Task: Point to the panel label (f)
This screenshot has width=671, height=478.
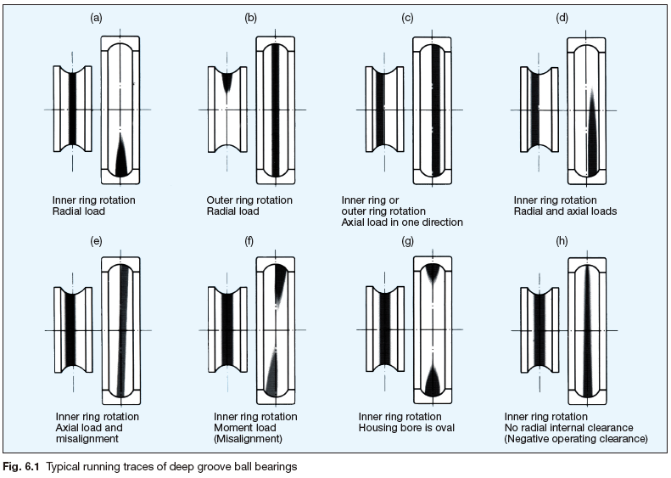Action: (249, 242)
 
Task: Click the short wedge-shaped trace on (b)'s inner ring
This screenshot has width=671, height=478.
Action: (227, 82)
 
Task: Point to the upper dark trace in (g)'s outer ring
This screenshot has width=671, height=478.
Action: (432, 273)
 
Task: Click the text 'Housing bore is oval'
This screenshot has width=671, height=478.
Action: (406, 428)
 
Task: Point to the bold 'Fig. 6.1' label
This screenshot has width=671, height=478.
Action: (23, 465)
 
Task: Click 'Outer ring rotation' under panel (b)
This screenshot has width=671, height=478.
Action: (250, 200)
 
